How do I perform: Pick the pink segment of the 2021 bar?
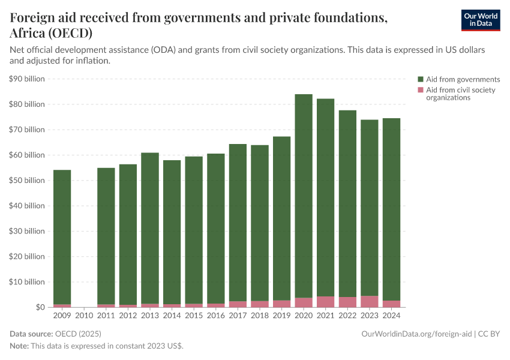pos(326,302)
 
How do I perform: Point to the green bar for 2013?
pos(150,228)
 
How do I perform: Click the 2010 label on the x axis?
pos(84,314)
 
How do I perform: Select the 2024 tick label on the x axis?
pos(391,314)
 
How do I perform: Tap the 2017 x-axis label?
pos(238,314)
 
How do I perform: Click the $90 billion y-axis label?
pos(27,79)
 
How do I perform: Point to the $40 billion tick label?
pos(27,206)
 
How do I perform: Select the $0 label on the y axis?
pos(40,307)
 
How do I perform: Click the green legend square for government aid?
pos(421,79)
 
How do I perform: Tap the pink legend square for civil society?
pos(421,90)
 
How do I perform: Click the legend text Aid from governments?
pos(463,79)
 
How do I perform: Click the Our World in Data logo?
pos(480,20)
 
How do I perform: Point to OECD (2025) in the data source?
pos(78,333)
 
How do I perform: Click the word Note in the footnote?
pos(19,346)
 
